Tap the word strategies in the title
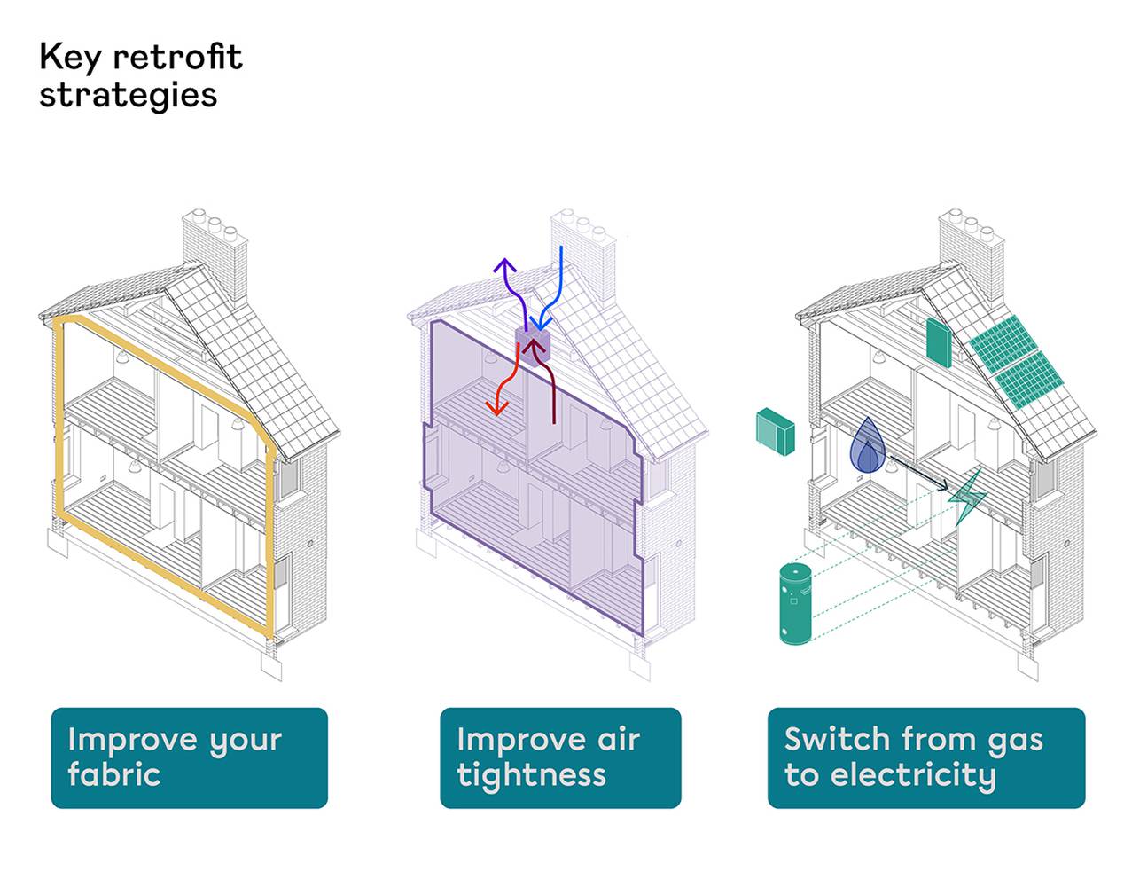pyautogui.click(x=128, y=95)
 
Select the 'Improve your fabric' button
pyautogui.click(x=189, y=757)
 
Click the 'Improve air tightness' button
pyautogui.click(x=560, y=757)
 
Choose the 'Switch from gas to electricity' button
pyautogui.click(x=925, y=757)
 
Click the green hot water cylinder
pyautogui.click(x=796, y=603)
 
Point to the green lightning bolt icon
pyautogui.click(x=967, y=497)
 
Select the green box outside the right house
pyautogui.click(x=775, y=430)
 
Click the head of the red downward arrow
pyautogui.click(x=496, y=407)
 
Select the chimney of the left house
pyautogui.click(x=215, y=253)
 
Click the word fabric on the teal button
pyautogui.click(x=113, y=775)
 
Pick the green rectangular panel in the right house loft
pyautogui.click(x=939, y=343)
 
